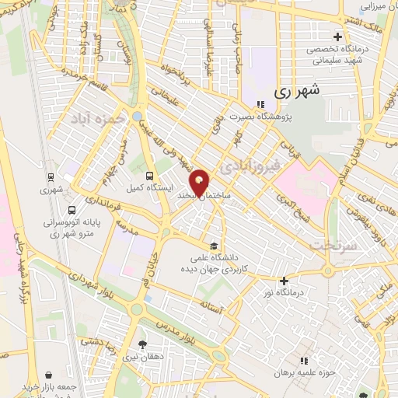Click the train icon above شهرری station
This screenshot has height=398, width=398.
[x=51, y=176]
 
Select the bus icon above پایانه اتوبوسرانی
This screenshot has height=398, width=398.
[x=72, y=210]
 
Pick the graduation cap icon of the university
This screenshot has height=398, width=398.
[x=203, y=240]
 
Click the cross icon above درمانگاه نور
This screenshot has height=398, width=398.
[x=285, y=281]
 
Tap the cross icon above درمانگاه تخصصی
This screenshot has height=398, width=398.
[x=337, y=37]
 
